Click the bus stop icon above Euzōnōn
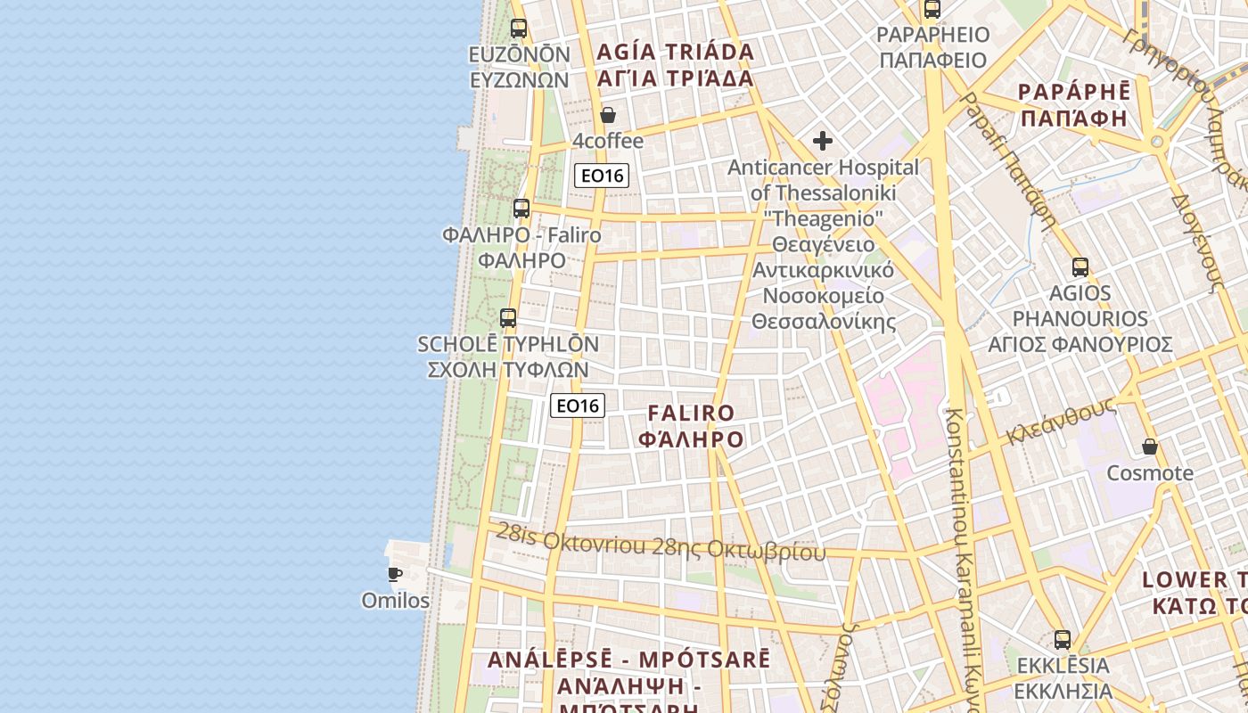(519, 28)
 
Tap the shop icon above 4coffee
(608, 115)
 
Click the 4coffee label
(608, 141)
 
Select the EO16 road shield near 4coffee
(602, 176)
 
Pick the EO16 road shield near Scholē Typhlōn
(578, 406)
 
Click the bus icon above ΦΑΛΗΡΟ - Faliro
(521, 209)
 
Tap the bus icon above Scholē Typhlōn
(508, 318)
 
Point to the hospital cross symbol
(823, 141)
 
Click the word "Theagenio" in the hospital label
(824, 218)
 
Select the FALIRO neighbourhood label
(692, 414)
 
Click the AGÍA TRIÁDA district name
(676, 52)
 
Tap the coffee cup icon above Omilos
(395, 574)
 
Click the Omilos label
(395, 601)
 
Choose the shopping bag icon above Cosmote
(1150, 447)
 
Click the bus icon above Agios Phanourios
(1080, 266)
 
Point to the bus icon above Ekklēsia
(1063, 639)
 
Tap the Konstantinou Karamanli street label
(963, 553)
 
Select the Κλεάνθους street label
(1061, 422)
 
